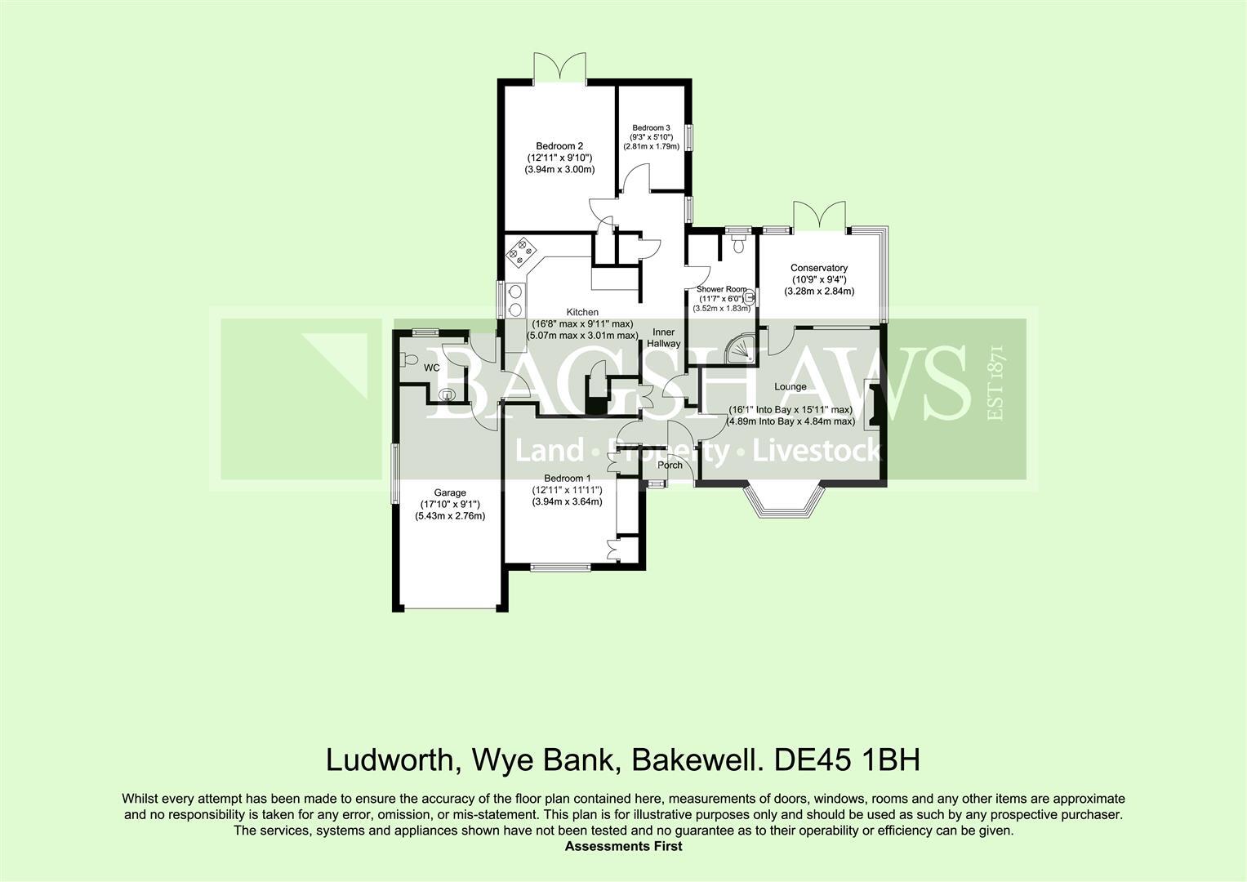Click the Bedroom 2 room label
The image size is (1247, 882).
point(559,146)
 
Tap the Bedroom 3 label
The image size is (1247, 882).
point(651,127)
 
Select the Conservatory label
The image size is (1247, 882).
point(818,268)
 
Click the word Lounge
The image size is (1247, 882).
point(790,386)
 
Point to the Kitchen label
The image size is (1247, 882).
point(582,312)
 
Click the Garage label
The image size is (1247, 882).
point(449,492)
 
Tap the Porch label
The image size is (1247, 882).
point(670,465)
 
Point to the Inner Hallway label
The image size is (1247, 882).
point(664,338)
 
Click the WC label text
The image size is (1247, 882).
point(431,367)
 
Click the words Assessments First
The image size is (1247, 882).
point(623,846)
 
